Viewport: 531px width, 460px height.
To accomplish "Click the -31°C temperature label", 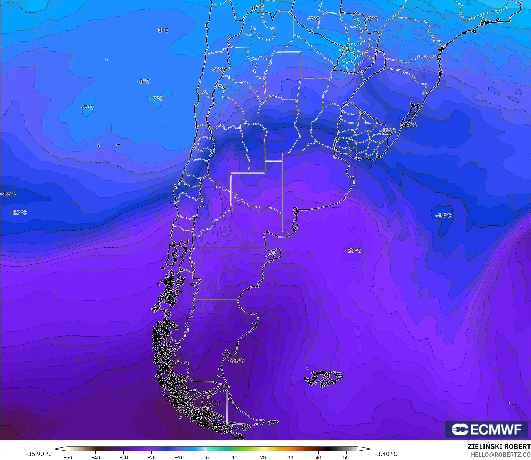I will pyautogui.click(x=237, y=360).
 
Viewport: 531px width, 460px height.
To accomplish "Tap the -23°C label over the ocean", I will pyautogui.click(x=353, y=250).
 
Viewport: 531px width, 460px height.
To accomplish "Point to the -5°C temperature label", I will pyautogui.click(x=346, y=50).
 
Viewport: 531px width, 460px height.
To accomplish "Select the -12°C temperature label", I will pyautogui.click(x=387, y=131).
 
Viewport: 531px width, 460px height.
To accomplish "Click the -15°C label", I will pyautogui.click(x=9, y=194).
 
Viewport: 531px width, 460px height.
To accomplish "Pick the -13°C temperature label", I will pyautogui.click(x=19, y=212).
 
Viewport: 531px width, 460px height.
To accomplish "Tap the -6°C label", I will pyautogui.click(x=258, y=8).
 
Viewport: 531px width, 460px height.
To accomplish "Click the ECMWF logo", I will pyautogui.click(x=486, y=429).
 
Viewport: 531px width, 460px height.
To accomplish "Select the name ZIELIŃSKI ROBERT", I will pyautogui.click(x=499, y=446).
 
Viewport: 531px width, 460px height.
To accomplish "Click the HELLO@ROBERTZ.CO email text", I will pyautogui.click(x=500, y=455).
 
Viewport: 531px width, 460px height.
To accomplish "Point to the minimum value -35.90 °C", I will pyautogui.click(x=39, y=454).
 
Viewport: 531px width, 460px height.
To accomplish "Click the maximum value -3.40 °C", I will pyautogui.click(x=386, y=454).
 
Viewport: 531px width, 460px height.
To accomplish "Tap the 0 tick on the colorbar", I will pyautogui.click(x=207, y=457).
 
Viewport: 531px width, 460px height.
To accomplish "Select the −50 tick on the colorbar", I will pyautogui.click(x=68, y=457).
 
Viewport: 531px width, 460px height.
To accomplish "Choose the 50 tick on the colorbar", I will pyautogui.click(x=346, y=457).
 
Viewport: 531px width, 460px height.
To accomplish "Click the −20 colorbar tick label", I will pyautogui.click(x=151, y=457).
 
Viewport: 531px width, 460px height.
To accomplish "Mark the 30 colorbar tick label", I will pyautogui.click(x=291, y=457).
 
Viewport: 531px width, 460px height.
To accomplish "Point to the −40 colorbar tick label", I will pyautogui.click(x=95, y=457).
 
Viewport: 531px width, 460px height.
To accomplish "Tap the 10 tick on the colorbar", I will pyautogui.click(x=235, y=457).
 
